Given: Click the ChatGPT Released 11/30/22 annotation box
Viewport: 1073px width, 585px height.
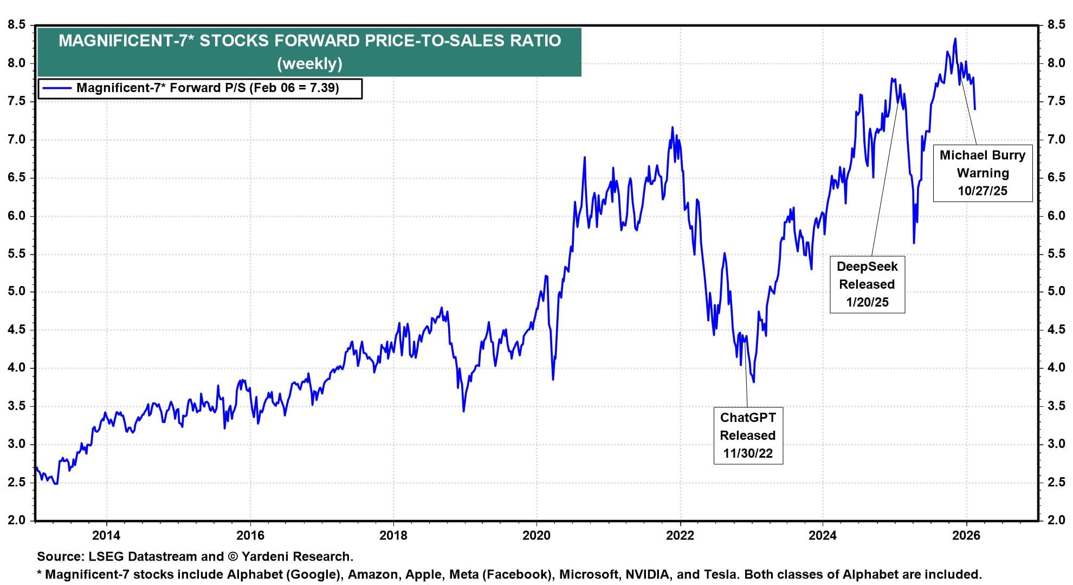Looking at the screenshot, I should point(748,435).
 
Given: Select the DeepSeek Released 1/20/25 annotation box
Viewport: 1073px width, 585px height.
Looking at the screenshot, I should point(867,284).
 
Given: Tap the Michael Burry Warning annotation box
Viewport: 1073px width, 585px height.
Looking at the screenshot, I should point(982,173).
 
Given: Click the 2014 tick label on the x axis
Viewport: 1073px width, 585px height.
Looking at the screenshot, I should point(107,536).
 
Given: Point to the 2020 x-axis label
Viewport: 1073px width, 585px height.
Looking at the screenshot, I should point(536,536).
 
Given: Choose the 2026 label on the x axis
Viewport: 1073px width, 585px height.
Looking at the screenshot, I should point(966,536).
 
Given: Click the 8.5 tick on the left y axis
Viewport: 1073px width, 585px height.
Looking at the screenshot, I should point(17,25).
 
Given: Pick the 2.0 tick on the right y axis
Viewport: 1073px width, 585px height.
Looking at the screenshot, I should point(1056,521).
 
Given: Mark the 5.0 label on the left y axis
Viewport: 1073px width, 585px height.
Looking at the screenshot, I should point(17,292).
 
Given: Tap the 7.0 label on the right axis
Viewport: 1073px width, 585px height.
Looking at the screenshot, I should point(1056,140).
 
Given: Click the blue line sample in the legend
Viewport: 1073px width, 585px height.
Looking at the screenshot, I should point(57,88).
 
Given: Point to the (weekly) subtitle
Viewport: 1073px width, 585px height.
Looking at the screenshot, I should point(309,64).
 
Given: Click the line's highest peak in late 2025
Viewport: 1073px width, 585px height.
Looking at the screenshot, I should point(955,38).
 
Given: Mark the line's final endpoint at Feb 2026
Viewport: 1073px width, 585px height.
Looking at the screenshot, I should point(975,109).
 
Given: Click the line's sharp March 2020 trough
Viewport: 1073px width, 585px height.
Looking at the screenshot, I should point(553,379).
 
